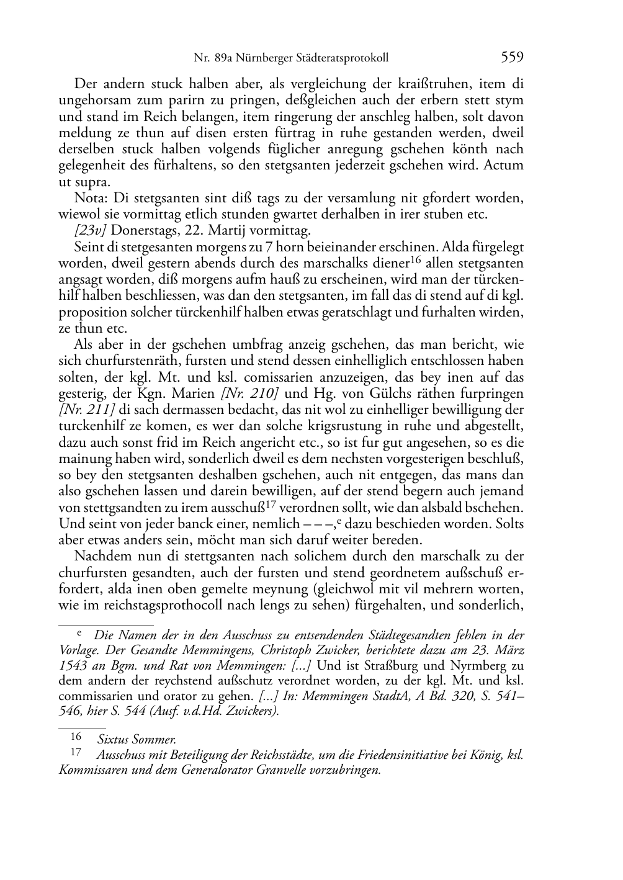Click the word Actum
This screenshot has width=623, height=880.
pos(503,166)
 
